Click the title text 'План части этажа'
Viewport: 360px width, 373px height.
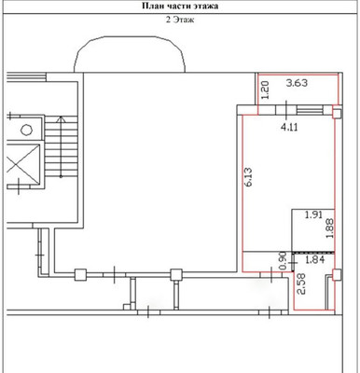point(179,6)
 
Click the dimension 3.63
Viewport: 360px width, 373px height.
point(298,84)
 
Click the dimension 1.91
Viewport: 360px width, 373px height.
point(313,215)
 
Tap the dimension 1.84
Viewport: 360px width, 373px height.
point(316,260)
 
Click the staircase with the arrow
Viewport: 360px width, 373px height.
point(58,153)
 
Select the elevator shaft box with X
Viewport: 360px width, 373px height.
point(20,171)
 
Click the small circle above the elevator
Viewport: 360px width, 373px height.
point(25,128)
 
